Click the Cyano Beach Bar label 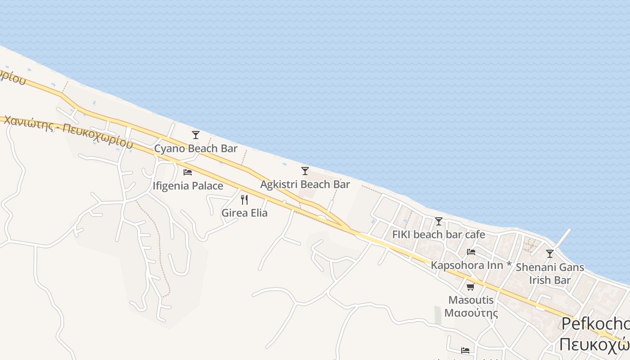tap(196, 148)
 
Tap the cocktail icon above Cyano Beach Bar tap(196, 135)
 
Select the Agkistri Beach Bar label tap(305, 184)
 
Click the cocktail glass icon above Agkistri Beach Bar tap(305, 171)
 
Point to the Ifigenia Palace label tap(188, 186)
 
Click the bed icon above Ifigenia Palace tap(188, 172)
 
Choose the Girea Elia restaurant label tap(244, 213)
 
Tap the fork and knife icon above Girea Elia tap(244, 199)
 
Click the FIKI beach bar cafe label tap(439, 234)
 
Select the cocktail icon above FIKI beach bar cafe tap(439, 221)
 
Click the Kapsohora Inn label tap(467, 265)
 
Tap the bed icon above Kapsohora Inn tap(471, 252)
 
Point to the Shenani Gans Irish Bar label tap(550, 274)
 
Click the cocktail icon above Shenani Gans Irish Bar tap(550, 254)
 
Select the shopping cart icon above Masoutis tap(471, 287)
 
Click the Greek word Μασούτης tap(471, 313)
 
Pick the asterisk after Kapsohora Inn tap(509, 265)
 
